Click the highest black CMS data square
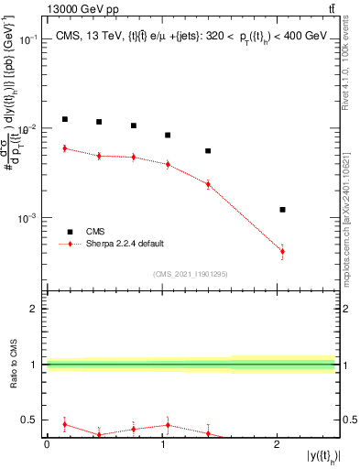[65, 119]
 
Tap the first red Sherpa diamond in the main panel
[65, 148]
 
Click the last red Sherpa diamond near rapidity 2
[282, 251]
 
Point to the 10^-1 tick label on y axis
[29, 40]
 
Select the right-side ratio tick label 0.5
[347, 420]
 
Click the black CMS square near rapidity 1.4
[208, 151]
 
